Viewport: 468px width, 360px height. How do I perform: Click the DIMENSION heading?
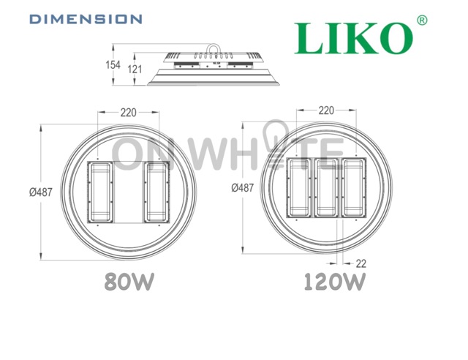(x=86, y=19)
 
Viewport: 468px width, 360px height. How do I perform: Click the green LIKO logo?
(x=354, y=38)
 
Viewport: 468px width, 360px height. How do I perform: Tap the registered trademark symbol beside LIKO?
(x=422, y=20)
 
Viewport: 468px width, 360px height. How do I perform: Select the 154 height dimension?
(x=113, y=65)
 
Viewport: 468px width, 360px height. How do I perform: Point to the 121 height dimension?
(x=135, y=70)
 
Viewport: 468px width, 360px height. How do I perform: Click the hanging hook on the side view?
(x=214, y=48)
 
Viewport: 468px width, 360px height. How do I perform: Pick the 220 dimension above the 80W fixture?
(x=129, y=113)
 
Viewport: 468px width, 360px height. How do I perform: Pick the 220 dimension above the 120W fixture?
(x=326, y=110)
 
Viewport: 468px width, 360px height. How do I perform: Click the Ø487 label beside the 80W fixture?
(x=41, y=192)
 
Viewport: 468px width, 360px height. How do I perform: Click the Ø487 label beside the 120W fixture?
(x=242, y=187)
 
